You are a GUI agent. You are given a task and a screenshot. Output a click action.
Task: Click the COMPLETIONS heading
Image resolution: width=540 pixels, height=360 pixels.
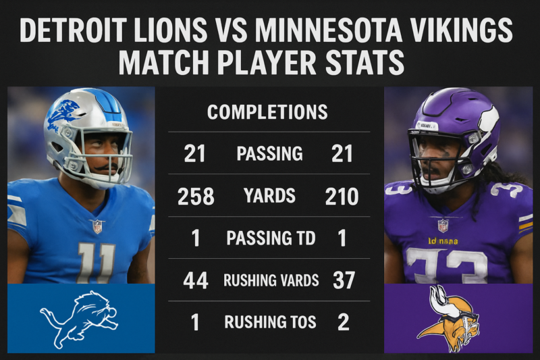267,111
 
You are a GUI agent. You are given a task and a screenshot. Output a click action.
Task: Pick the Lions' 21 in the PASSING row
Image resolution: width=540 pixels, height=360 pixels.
194,154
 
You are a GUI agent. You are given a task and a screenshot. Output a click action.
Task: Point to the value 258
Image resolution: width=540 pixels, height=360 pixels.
196,197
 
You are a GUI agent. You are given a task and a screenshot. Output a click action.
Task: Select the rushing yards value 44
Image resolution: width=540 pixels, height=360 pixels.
195,281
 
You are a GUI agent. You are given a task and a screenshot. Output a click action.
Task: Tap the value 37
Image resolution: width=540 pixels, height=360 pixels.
344,281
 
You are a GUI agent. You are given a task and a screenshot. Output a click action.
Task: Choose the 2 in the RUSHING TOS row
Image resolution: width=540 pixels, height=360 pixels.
343,322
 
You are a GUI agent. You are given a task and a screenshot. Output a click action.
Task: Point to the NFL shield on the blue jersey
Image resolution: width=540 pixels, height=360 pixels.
97,226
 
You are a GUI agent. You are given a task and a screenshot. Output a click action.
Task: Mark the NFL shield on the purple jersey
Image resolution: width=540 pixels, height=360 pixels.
443,225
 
